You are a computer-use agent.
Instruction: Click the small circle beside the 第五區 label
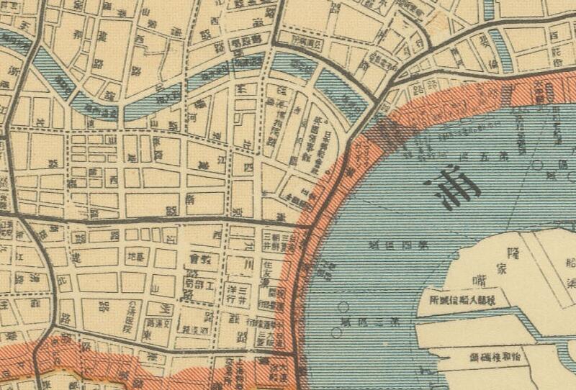[538, 164]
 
